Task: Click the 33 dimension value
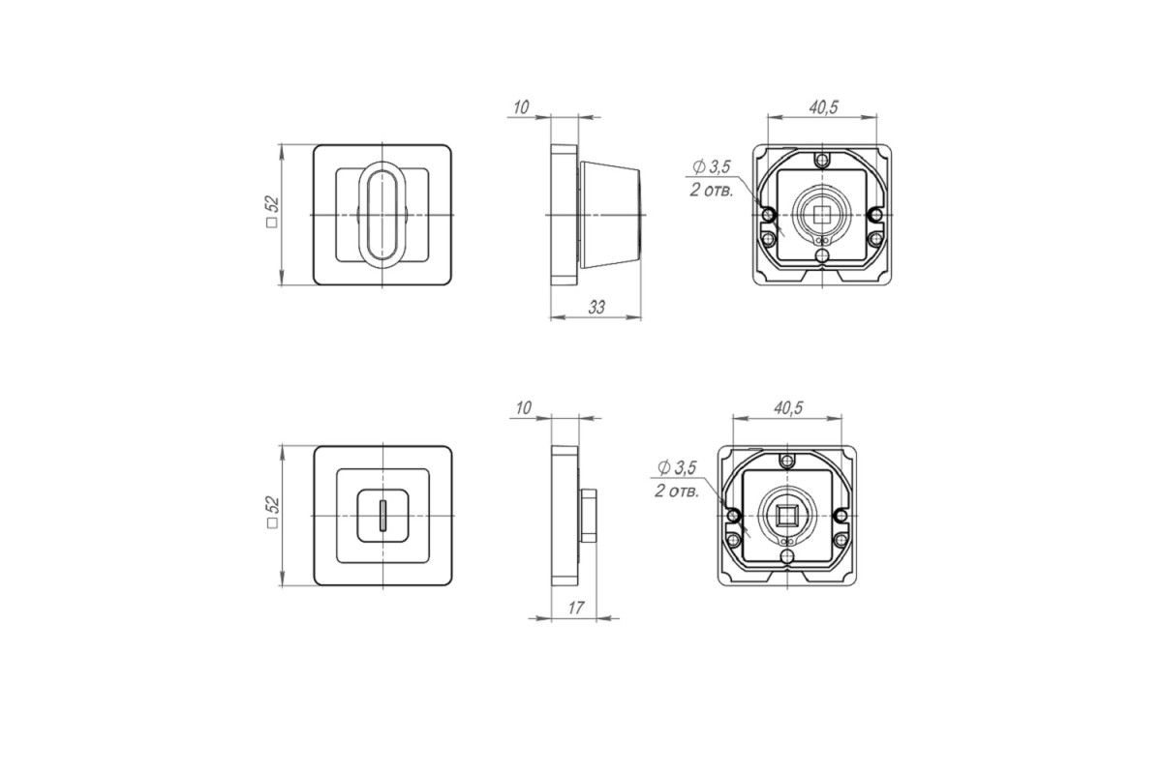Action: click(596, 308)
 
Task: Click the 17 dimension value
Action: click(576, 608)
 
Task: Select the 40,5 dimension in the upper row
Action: click(823, 107)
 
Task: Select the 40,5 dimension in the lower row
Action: click(788, 408)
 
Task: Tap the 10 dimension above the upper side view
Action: click(521, 107)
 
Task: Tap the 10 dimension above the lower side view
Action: click(524, 408)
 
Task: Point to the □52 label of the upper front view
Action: click(273, 212)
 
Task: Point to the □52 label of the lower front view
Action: click(273, 512)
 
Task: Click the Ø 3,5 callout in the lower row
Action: click(677, 467)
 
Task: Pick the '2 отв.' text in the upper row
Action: click(711, 191)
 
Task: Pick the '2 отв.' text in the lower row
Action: click(677, 491)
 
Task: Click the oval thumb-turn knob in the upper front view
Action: click(382, 215)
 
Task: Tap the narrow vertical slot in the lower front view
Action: click(382, 516)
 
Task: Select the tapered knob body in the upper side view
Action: click(611, 215)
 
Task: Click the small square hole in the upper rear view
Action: click(822, 215)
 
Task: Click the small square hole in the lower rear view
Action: click(787, 516)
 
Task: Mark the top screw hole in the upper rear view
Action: click(822, 160)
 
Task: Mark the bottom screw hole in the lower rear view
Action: click(787, 557)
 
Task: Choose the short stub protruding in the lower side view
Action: click(588, 516)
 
